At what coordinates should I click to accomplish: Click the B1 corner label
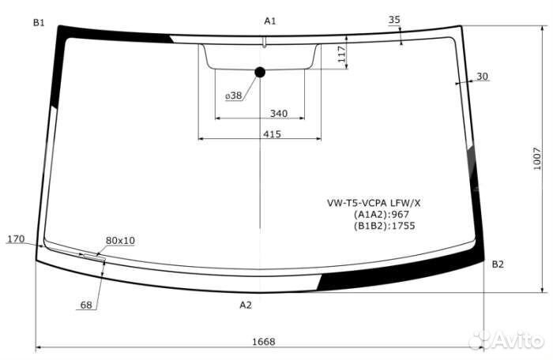pos(39,23)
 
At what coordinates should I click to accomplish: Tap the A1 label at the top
pos(270,21)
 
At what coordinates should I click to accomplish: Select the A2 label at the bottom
pos(246,305)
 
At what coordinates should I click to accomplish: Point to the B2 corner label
pos(497,264)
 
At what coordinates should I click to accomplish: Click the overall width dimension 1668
pos(263,342)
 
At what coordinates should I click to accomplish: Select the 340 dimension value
pos(278,114)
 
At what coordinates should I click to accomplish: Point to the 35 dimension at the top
pos(395,20)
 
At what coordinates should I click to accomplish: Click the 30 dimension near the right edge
pos(483,77)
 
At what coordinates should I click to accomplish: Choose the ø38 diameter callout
pos(234,96)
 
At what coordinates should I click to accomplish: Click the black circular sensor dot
pos(260,72)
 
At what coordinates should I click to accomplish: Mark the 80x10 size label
pos(120,240)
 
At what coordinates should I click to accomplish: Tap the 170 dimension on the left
pos(16,238)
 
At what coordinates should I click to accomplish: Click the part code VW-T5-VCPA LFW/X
pos(374,202)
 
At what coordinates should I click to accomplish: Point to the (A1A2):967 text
pos(382,214)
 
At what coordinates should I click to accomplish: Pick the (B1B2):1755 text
pos(385,226)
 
